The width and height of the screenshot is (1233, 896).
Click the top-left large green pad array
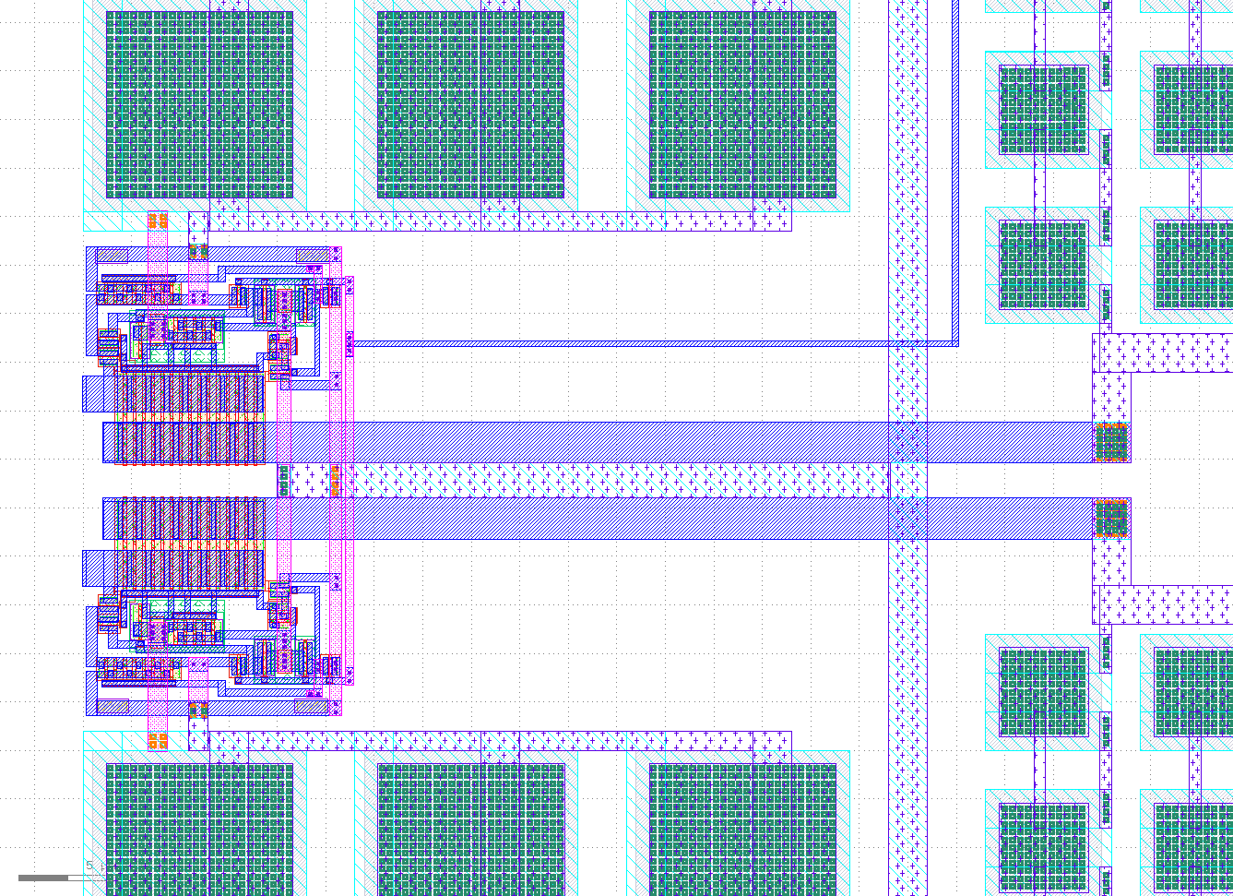tap(199, 104)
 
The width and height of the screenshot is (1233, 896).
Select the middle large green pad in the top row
tap(470, 104)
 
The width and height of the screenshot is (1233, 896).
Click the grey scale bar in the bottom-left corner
tap(43, 878)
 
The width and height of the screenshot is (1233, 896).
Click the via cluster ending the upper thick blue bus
tap(1111, 442)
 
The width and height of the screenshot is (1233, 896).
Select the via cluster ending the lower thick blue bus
tap(1111, 518)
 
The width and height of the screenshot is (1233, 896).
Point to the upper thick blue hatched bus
tap(646, 442)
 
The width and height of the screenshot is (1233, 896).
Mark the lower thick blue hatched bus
tap(646, 518)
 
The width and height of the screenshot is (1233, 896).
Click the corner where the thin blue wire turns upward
tap(955, 343)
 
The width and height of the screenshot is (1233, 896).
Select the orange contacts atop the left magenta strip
tap(158, 221)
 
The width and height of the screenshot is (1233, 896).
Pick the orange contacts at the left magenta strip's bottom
tap(158, 741)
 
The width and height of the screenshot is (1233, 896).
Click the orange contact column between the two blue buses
tap(335, 480)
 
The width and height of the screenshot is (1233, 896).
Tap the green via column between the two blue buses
tap(283, 480)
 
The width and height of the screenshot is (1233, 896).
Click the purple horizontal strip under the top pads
tap(498, 221)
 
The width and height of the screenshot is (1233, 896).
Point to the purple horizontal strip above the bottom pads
tap(498, 740)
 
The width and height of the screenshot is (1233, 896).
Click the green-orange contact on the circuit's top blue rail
tap(198, 252)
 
